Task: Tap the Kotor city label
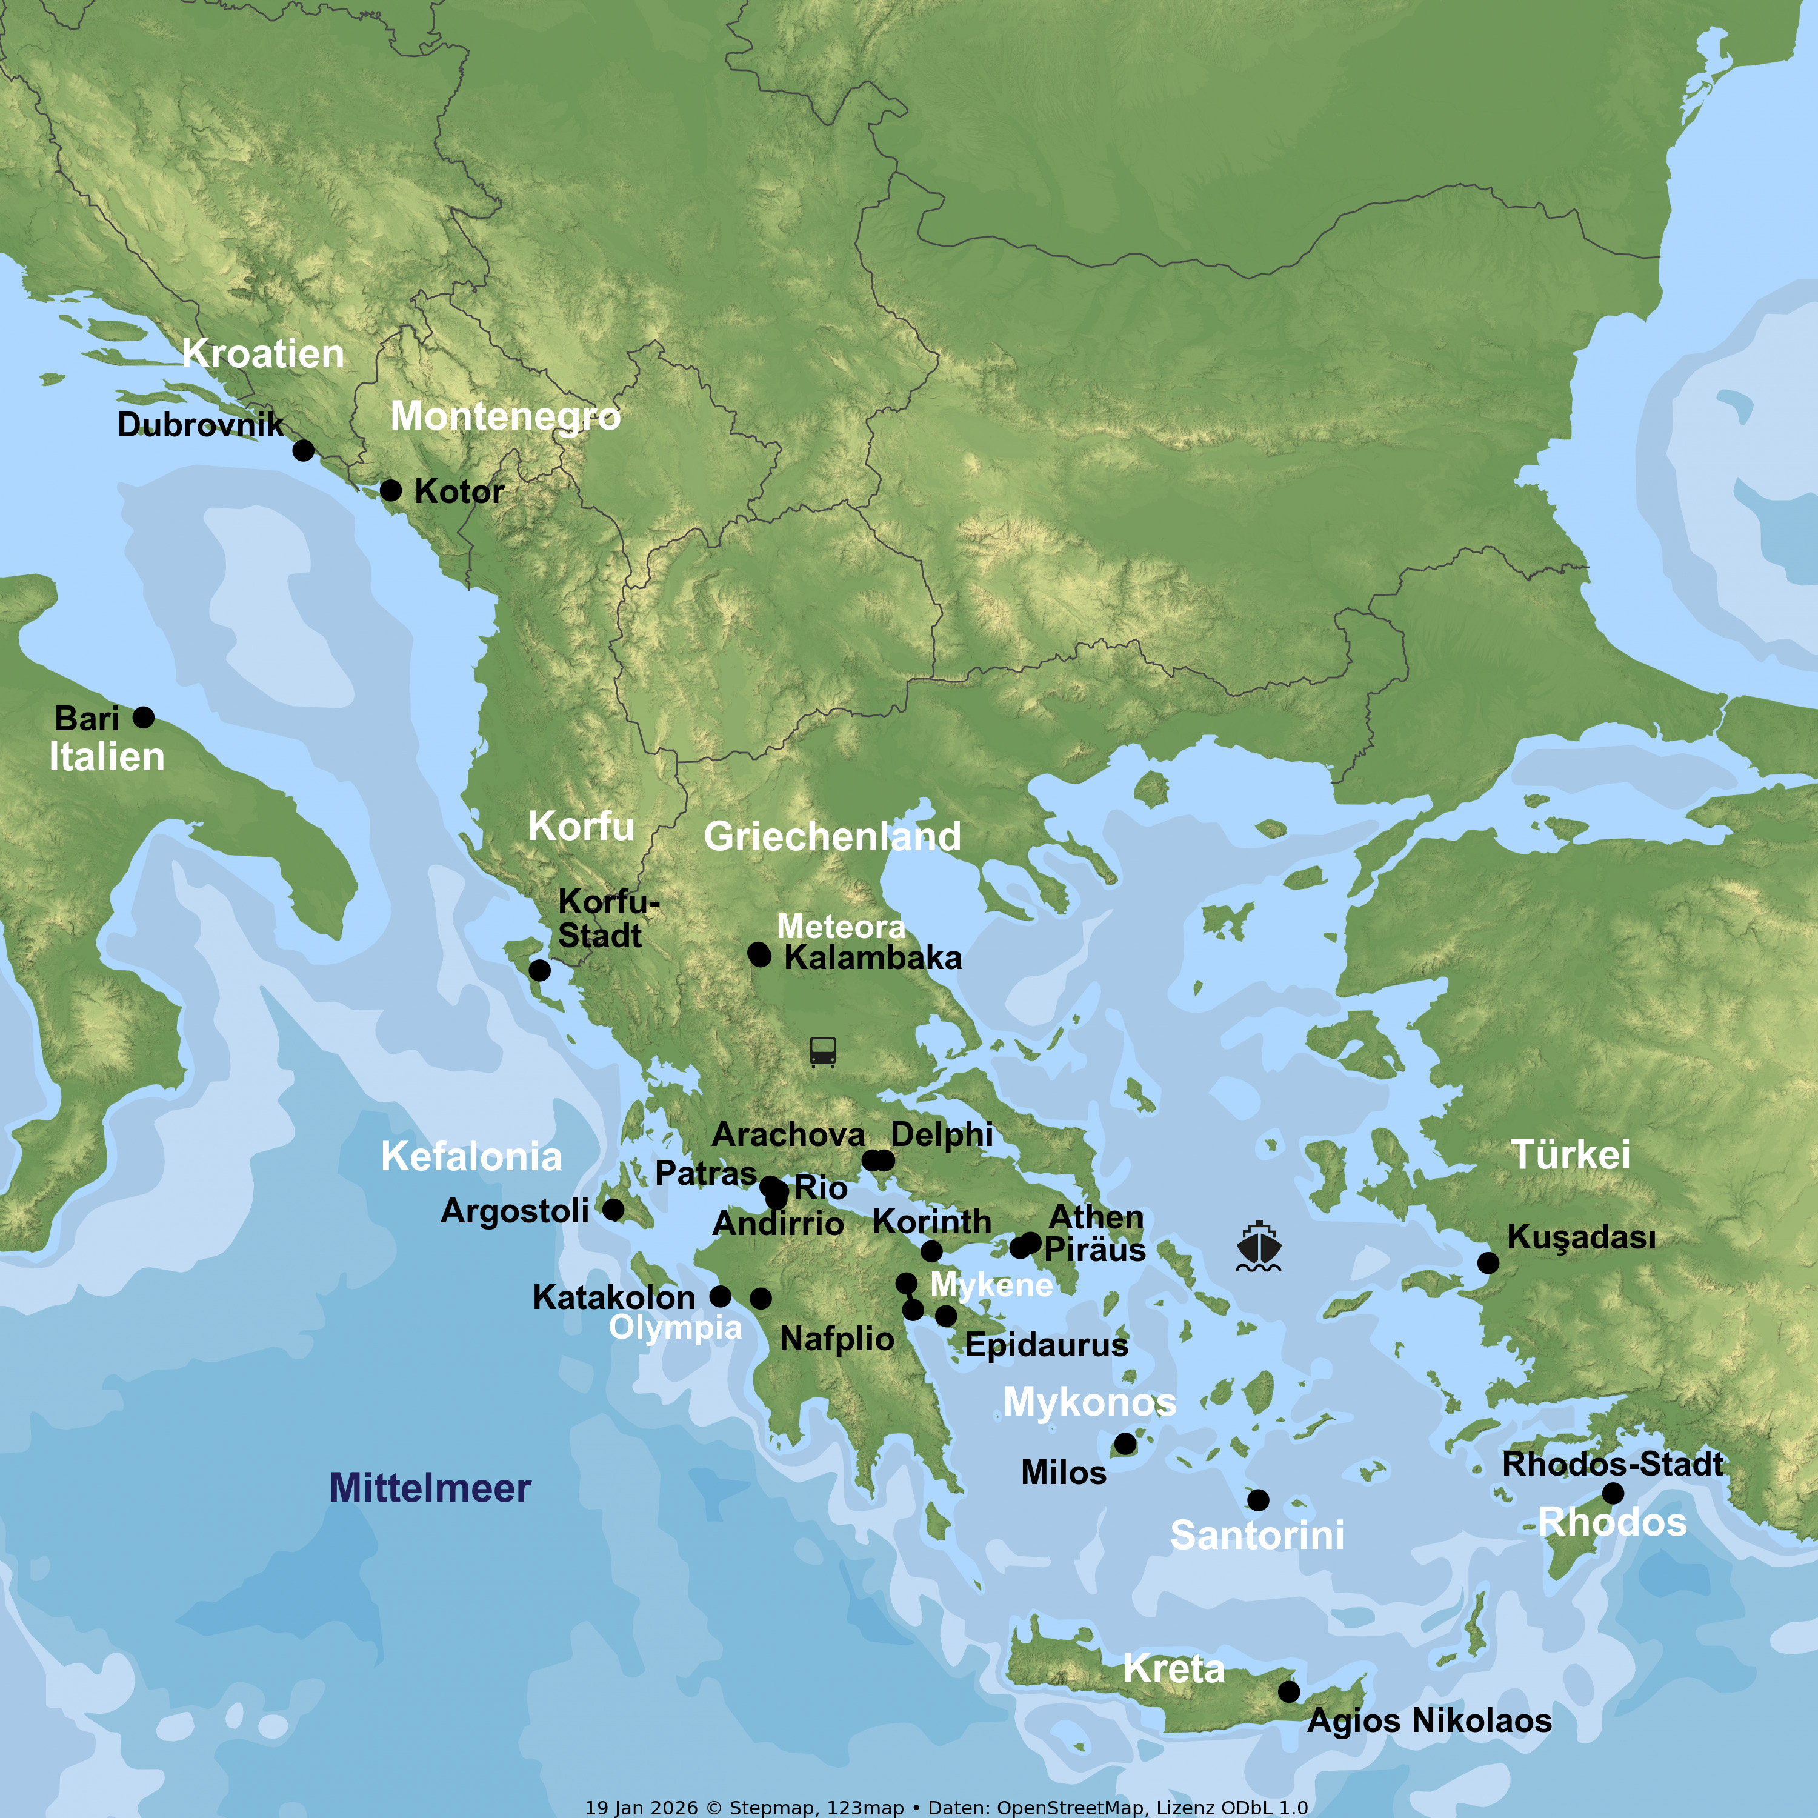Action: click(x=459, y=491)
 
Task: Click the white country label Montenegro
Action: click(x=505, y=416)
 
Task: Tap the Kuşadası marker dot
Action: click(x=1488, y=1263)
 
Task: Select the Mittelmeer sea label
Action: click(x=430, y=1488)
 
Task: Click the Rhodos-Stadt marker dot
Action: click(x=1613, y=1493)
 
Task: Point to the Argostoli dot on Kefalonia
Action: click(x=613, y=1209)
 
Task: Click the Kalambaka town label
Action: click(x=872, y=958)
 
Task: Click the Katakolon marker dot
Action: click(x=720, y=1296)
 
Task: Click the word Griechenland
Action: click(x=832, y=836)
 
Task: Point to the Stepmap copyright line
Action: click(x=946, y=1806)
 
